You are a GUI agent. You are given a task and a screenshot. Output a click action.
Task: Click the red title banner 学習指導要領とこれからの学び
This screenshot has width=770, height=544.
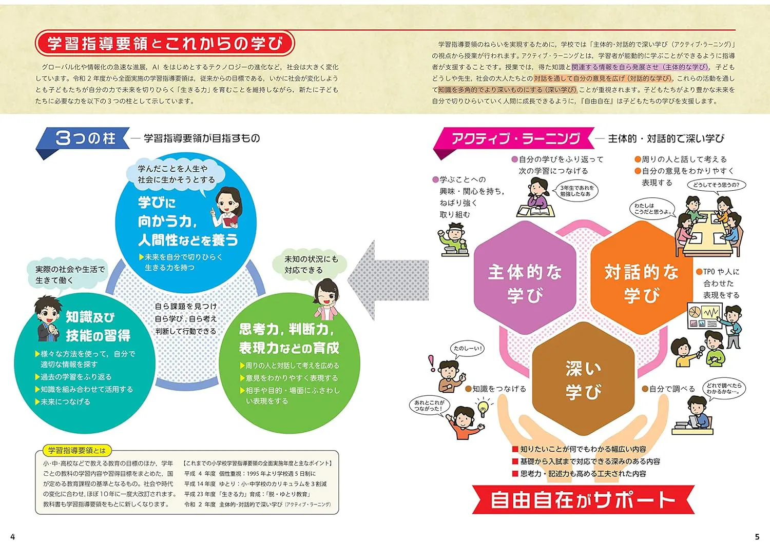[x=165, y=43]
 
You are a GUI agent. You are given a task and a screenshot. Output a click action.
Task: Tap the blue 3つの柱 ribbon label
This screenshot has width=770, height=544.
[x=83, y=140]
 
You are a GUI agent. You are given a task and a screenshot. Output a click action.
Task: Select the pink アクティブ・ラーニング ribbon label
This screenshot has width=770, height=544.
[x=514, y=140]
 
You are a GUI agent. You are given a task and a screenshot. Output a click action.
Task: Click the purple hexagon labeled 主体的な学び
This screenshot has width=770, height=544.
[x=525, y=277]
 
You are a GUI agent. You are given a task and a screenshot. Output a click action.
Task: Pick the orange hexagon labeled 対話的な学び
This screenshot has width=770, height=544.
[x=642, y=277]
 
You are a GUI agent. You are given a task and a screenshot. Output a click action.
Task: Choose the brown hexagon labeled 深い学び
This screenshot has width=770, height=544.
[x=583, y=378]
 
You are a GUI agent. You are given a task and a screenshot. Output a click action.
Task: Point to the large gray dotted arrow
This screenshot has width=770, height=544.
[x=389, y=280]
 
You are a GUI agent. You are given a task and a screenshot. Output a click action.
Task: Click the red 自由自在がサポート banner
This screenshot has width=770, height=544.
[x=583, y=500]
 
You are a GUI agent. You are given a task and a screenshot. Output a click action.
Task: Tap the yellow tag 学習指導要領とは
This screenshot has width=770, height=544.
[x=77, y=450]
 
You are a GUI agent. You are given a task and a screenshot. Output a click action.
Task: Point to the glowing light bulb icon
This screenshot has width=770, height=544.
[x=483, y=407]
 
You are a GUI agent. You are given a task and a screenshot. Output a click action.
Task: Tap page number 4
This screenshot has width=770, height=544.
[x=13, y=536]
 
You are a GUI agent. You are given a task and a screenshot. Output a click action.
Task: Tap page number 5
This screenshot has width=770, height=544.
[x=757, y=536]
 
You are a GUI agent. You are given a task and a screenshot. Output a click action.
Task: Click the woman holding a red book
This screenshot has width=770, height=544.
[x=227, y=208]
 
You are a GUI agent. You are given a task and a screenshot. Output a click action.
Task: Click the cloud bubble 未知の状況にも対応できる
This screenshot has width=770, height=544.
[x=310, y=265]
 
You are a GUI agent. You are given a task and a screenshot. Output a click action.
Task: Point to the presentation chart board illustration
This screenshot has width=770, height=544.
[x=704, y=316]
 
